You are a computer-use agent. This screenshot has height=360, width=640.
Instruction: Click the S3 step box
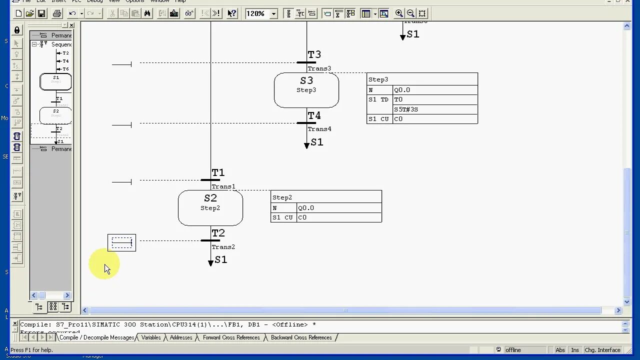point(306,90)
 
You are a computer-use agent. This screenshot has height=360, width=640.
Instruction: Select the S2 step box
point(210,207)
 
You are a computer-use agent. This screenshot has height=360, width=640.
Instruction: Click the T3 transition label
point(314,55)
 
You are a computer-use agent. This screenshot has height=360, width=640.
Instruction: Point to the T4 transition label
point(314,116)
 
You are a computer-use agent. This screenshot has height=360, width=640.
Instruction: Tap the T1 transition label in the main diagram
point(218,173)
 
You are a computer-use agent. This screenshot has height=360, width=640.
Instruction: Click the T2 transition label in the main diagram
point(218,233)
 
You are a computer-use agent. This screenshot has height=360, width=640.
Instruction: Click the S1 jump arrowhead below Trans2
point(210,262)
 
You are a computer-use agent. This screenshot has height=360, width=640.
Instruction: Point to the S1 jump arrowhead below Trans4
point(306,145)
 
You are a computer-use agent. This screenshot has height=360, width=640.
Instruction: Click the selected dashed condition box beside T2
point(121,243)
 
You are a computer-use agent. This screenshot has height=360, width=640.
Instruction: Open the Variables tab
point(151,337)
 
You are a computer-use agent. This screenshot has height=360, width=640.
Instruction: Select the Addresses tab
point(181,337)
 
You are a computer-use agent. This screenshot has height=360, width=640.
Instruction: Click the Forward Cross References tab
point(231,337)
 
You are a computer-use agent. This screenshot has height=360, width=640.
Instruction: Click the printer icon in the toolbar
point(57,13)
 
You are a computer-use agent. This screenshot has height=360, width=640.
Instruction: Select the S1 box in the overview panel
point(55,81)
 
